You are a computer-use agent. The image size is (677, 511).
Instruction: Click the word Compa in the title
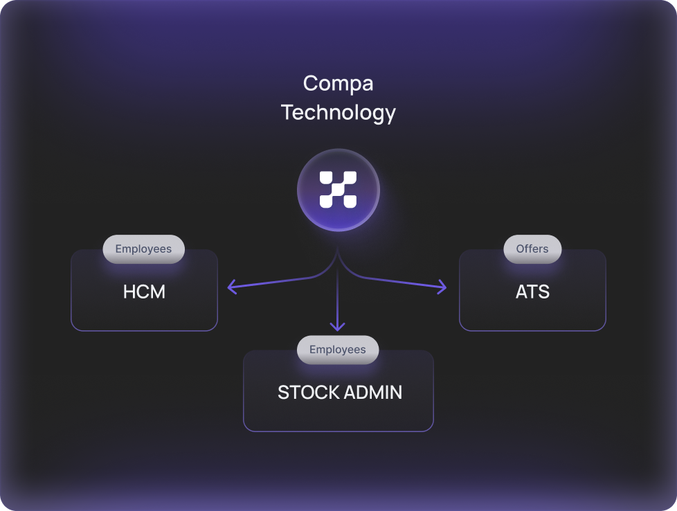(x=338, y=84)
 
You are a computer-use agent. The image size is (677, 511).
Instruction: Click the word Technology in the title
(x=338, y=112)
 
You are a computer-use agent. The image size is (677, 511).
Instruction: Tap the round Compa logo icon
(x=338, y=190)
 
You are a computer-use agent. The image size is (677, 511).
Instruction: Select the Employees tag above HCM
(x=143, y=249)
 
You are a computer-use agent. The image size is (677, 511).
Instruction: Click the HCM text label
(x=144, y=292)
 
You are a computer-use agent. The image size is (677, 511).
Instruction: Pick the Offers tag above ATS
(x=532, y=249)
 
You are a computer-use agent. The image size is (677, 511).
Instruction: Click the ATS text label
(x=532, y=292)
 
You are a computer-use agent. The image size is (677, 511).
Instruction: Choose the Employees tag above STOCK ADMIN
(x=338, y=350)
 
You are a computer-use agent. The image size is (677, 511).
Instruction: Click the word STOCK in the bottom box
(x=302, y=393)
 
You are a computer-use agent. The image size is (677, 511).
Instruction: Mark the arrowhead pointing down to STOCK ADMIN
(x=338, y=326)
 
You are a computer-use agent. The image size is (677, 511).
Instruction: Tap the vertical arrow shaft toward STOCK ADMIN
(x=338, y=298)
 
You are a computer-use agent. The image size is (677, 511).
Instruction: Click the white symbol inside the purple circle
(x=338, y=190)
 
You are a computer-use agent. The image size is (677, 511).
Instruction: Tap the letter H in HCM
(x=129, y=292)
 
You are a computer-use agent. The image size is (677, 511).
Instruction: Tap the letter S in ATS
(x=543, y=292)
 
